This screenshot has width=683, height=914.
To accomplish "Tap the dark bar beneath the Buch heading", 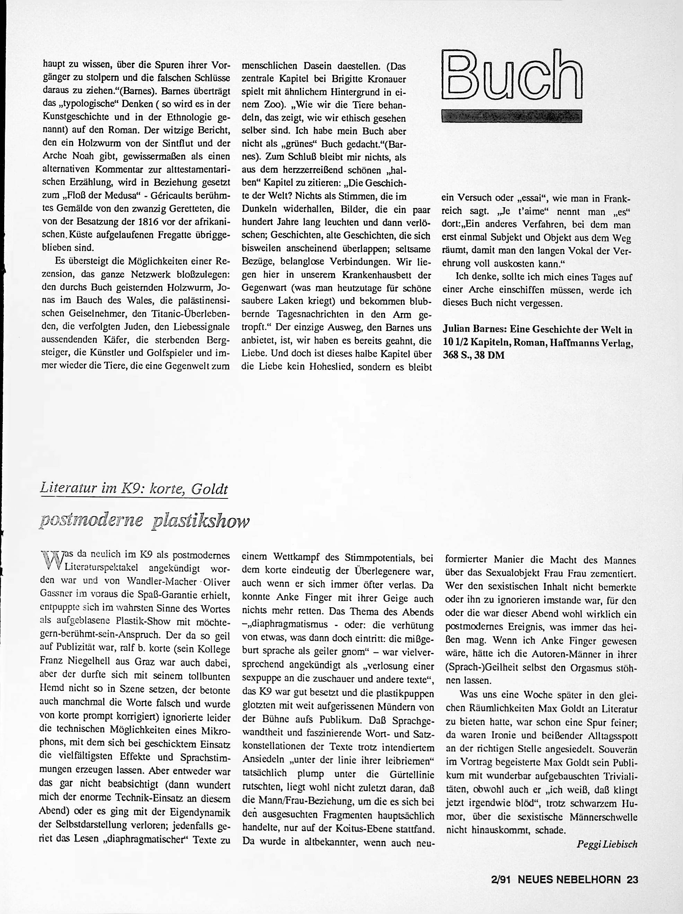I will click(511, 116).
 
